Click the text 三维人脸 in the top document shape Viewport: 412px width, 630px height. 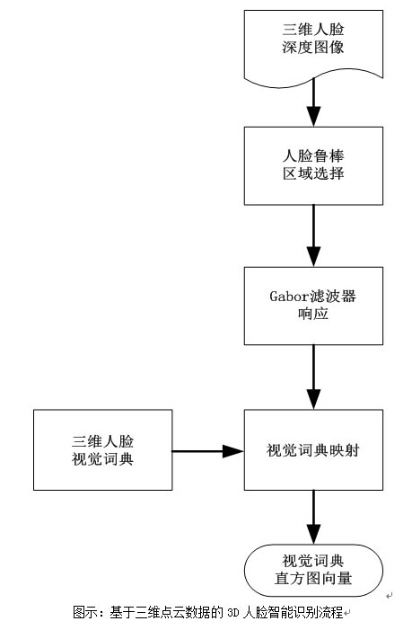click(x=313, y=30)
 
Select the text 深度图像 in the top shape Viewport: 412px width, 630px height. click(x=313, y=48)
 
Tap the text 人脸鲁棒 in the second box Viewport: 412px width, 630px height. click(x=313, y=155)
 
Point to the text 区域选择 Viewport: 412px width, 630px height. click(x=313, y=173)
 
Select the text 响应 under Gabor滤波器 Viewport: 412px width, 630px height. click(x=313, y=314)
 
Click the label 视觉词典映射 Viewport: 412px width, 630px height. click(x=313, y=450)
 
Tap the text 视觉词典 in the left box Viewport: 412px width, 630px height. click(x=102, y=459)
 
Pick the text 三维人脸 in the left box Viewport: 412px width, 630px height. click(x=102, y=441)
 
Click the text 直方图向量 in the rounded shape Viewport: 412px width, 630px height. click(x=313, y=579)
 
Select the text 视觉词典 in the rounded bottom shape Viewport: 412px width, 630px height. click(x=313, y=561)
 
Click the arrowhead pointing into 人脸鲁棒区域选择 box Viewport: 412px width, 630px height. click(x=314, y=117)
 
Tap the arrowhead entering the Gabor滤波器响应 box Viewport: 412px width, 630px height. click(x=314, y=257)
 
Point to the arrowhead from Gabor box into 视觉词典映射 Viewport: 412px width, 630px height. click(x=314, y=399)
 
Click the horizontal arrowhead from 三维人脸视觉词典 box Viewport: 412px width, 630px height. click(x=233, y=451)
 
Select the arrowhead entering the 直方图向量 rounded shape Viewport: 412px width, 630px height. click(x=314, y=535)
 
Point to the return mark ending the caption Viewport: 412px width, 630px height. click(x=347, y=614)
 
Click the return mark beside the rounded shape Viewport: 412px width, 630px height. click(x=390, y=596)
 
